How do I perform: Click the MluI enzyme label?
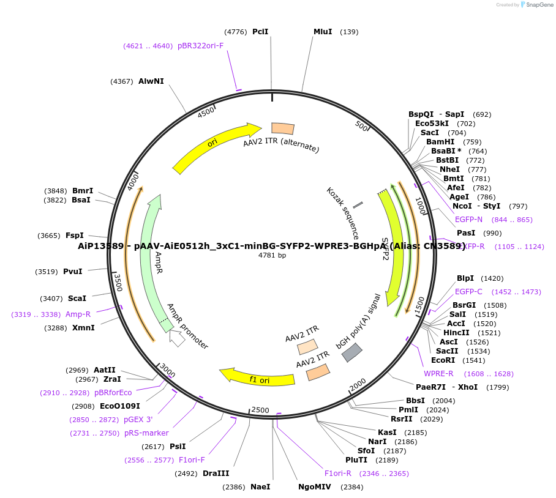323,32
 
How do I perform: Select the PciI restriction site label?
260,32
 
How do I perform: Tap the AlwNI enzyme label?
151,81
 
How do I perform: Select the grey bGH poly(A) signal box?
351,352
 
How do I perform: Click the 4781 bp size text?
272,255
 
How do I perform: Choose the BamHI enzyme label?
440,142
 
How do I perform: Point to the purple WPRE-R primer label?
438,374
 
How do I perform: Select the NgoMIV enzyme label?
314,487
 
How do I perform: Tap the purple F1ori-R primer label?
338,474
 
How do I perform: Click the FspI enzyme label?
74,235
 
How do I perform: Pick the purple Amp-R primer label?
78,314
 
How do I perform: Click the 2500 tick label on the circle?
260,410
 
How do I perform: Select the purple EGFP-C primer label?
468,292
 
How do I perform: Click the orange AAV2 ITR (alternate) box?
282,128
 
